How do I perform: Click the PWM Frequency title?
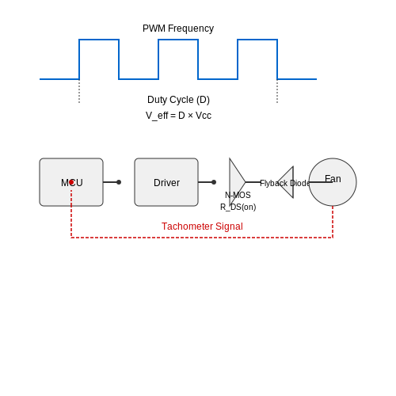tap(178, 29)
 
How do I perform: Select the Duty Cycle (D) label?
tap(178, 100)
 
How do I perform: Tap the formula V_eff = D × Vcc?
tap(178, 116)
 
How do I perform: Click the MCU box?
tap(71, 182)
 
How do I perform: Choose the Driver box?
tap(166, 182)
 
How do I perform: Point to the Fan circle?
tap(333, 182)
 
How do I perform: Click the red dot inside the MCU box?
tap(71, 182)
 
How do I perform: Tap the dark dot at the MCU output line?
tap(119, 182)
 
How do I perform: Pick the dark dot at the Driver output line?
tap(214, 182)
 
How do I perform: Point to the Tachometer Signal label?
tap(202, 227)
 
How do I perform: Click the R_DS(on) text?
tap(238, 207)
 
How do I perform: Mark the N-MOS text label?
tap(238, 195)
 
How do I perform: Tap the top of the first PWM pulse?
tap(99, 40)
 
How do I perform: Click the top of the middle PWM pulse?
tap(178, 40)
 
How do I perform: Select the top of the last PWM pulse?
tap(257, 40)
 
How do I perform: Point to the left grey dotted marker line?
tap(79, 91)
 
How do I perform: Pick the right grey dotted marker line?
tap(277, 91)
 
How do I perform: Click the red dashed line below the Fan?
tap(333, 222)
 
